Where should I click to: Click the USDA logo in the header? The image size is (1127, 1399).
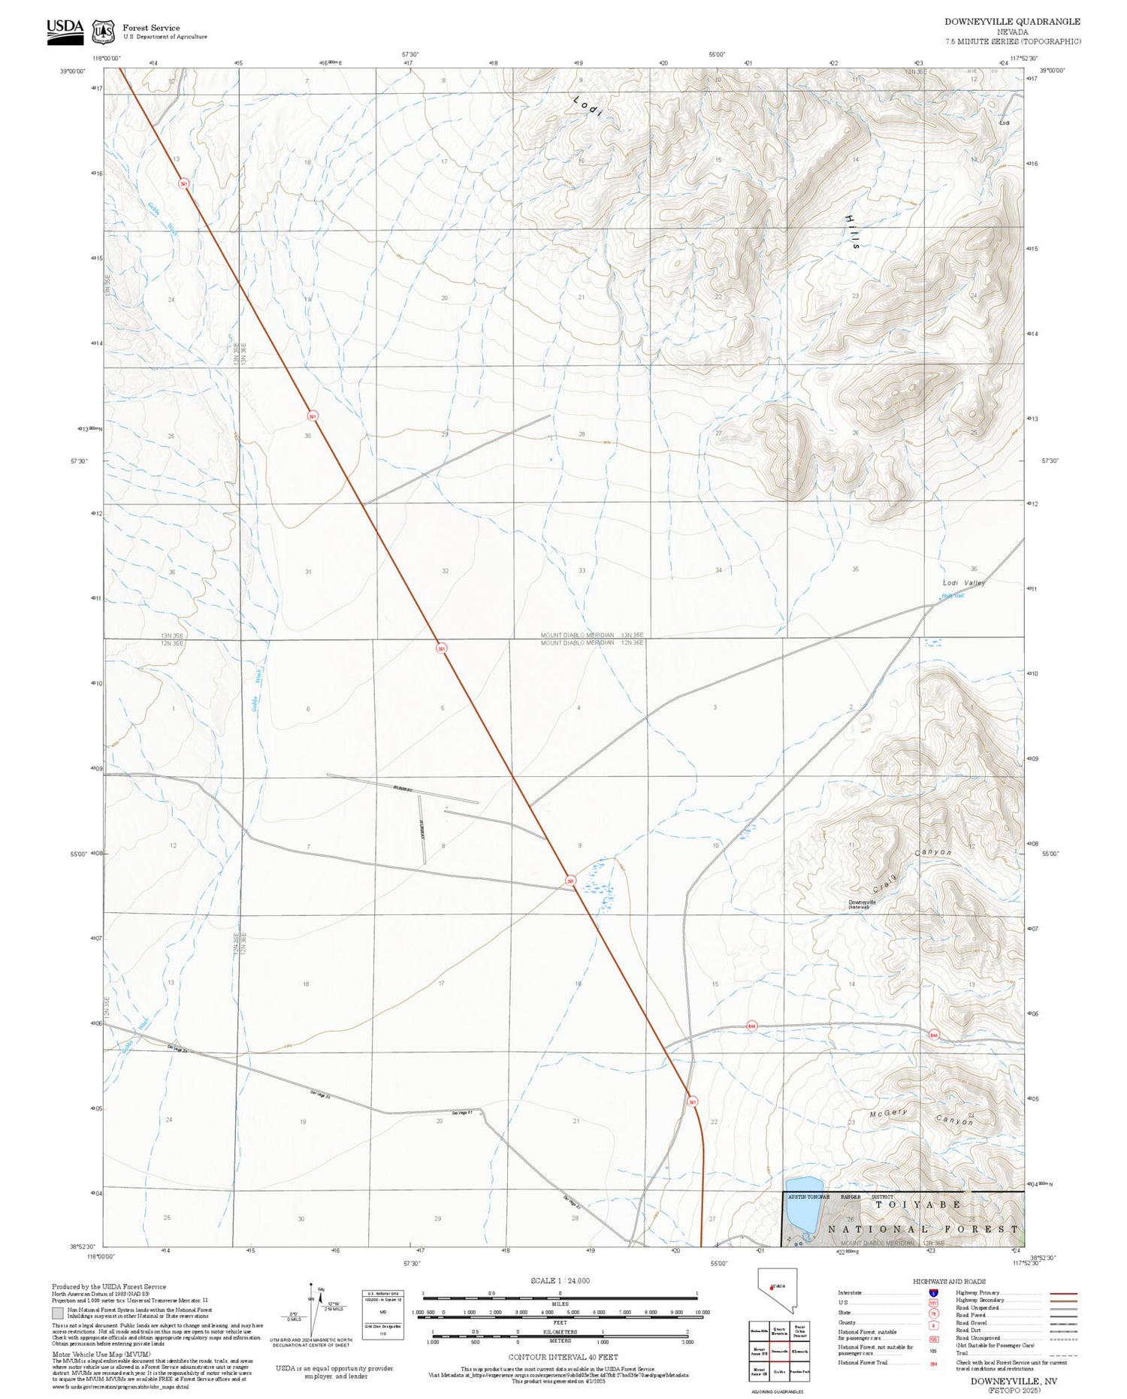coord(65,31)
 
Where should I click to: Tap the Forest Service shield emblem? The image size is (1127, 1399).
coord(103,32)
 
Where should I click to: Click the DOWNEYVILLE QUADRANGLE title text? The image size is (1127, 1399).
coord(1012,22)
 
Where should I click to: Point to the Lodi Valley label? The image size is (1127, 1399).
coord(963,582)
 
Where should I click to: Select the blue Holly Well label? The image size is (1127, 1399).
coord(952,596)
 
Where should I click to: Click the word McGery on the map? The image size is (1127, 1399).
coord(888,1113)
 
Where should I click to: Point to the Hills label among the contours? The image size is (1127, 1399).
coord(851,231)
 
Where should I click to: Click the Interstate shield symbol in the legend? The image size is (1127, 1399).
coord(932,1292)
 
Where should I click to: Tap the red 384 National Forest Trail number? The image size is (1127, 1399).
coord(933,1363)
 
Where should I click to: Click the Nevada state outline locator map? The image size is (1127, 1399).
coord(777,1290)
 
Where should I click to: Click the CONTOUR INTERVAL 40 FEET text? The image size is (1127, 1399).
coord(563,1357)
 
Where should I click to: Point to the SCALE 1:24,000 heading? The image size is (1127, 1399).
coord(560,1280)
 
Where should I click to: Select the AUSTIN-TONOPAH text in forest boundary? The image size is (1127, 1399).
coord(808,1196)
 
